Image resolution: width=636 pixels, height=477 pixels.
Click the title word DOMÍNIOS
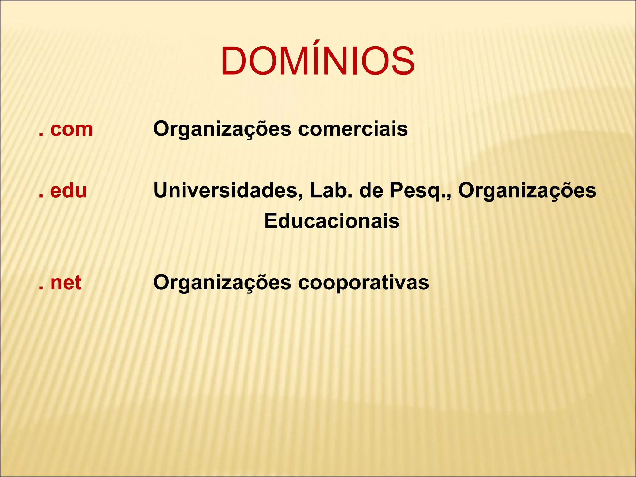point(317,61)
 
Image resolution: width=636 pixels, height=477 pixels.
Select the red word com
point(71,129)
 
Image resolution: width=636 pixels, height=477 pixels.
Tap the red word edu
point(68,191)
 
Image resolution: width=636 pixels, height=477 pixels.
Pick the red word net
point(66,283)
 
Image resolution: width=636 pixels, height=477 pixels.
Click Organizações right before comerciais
point(222,129)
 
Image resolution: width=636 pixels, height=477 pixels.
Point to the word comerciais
point(353,129)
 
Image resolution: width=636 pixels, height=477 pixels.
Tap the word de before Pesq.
point(371,191)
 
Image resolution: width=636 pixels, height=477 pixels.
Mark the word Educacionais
point(332,221)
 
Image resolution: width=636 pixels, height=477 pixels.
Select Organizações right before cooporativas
point(222,283)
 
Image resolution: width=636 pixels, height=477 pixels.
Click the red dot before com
point(41,135)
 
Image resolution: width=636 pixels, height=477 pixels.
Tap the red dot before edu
point(41,197)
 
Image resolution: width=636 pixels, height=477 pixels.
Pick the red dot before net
point(41,289)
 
